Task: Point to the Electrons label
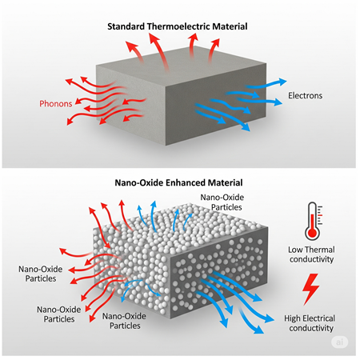click(305, 97)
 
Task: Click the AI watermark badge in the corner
click(342, 342)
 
